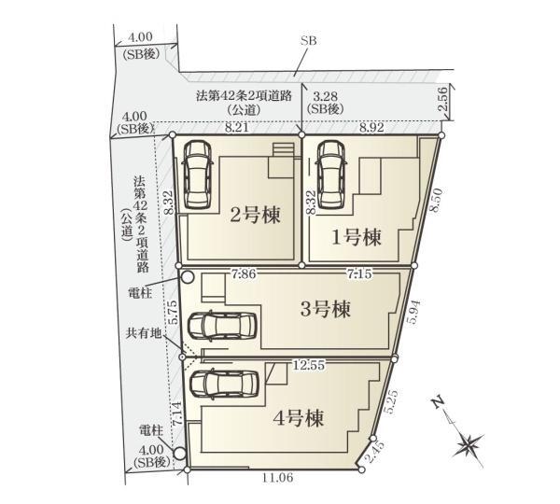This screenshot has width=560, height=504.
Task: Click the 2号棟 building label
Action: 255,215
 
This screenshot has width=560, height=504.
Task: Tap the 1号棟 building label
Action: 357,237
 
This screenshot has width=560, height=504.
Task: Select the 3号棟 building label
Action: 326,309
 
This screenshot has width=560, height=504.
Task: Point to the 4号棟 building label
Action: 299,418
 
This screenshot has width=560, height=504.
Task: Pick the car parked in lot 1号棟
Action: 331,174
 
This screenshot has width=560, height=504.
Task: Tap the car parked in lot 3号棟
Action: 222,326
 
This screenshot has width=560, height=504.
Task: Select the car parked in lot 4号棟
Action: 224,384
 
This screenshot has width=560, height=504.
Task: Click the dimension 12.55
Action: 309,365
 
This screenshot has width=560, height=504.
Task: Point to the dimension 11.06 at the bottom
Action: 278,478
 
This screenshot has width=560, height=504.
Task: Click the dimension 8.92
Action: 371,128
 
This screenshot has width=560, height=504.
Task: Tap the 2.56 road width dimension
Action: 441,99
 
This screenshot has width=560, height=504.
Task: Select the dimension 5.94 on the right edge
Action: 413,312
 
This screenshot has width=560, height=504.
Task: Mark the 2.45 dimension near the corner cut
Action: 376,452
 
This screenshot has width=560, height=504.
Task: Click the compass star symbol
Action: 469,444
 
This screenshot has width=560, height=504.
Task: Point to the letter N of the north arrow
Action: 438,402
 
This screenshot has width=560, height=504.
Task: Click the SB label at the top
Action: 308,41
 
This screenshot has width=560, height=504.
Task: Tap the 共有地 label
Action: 143,333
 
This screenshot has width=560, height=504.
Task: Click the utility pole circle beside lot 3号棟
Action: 188,277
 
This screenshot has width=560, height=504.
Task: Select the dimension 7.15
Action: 359,274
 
